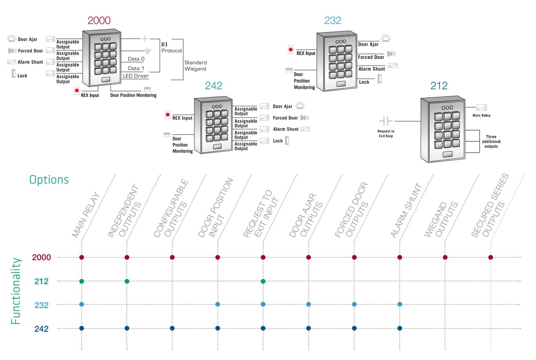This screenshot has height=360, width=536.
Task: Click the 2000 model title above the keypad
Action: pyautogui.click(x=99, y=20)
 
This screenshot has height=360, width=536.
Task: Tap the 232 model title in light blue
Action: pyautogui.click(x=333, y=20)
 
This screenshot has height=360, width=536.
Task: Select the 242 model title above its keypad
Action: pyautogui.click(x=214, y=86)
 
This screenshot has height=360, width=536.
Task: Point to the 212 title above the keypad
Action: pyautogui.click(x=439, y=86)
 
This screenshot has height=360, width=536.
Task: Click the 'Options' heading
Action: pyautogui.click(x=49, y=180)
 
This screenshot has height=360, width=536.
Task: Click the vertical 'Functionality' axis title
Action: pyautogui.click(x=16, y=291)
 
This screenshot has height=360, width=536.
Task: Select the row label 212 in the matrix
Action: pyautogui.click(x=41, y=281)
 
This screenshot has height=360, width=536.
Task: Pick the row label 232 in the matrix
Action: pyautogui.click(x=41, y=305)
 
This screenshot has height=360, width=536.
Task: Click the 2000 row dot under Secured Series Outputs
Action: pyautogui.click(x=490, y=257)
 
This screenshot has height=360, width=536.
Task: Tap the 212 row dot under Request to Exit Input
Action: pyautogui.click(x=263, y=281)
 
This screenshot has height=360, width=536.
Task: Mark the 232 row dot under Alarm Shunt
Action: pyautogui.click(x=400, y=305)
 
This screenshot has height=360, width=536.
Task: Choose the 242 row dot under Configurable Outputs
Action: pyautogui.click(x=172, y=329)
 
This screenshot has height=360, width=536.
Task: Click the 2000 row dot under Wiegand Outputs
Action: pyautogui.click(x=445, y=257)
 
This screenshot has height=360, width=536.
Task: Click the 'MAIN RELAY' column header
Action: pyautogui.click(x=86, y=215)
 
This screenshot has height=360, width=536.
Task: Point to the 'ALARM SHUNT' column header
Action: pyautogui.click(x=406, y=210)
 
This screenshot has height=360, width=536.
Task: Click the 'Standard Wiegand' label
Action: pyautogui.click(x=196, y=66)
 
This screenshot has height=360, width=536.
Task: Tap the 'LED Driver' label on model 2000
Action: pyautogui.click(x=136, y=76)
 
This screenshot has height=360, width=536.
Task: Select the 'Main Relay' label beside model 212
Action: pyautogui.click(x=481, y=116)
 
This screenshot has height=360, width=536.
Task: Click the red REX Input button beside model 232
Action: pyautogui.click(x=291, y=50)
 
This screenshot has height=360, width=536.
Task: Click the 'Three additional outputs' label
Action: pyautogui.click(x=491, y=141)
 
